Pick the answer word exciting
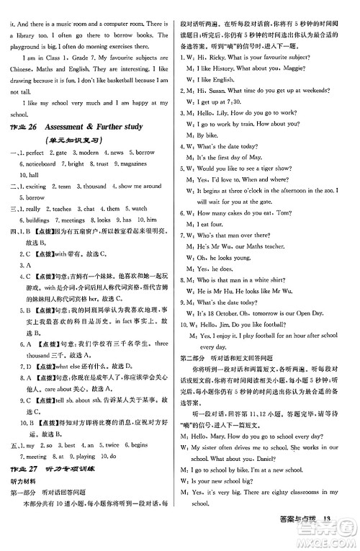tap(37, 186)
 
